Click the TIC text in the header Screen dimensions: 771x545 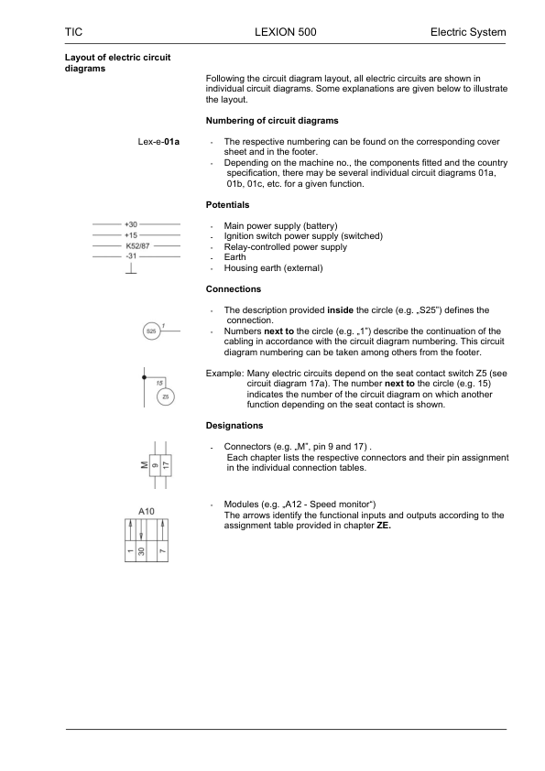[75, 32]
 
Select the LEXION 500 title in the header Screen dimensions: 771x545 [285, 32]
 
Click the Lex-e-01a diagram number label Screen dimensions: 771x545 [158, 142]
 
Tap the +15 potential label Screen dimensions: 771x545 [131, 235]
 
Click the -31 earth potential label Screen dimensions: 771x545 [131, 256]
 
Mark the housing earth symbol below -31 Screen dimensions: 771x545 [132, 271]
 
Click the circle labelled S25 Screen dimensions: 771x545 [150, 331]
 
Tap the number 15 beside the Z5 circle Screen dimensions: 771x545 [159, 383]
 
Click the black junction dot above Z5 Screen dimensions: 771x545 [143, 375]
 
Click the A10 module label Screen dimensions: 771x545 [147, 508]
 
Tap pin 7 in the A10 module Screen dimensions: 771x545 [161, 550]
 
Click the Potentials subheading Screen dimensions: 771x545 [227, 205]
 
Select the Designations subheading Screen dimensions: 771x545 [235, 426]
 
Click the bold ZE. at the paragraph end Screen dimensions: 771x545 [384, 526]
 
